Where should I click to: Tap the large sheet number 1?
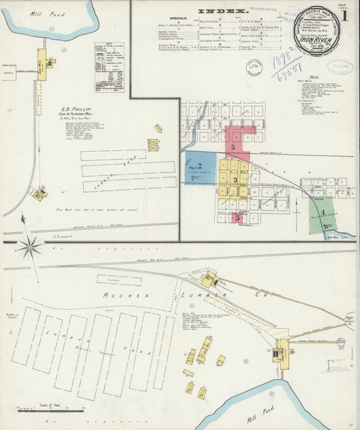[345, 15]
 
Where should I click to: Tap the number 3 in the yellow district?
[234, 180]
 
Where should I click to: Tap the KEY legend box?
[109, 67]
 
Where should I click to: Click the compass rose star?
[30, 247]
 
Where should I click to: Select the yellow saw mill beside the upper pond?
[42, 64]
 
